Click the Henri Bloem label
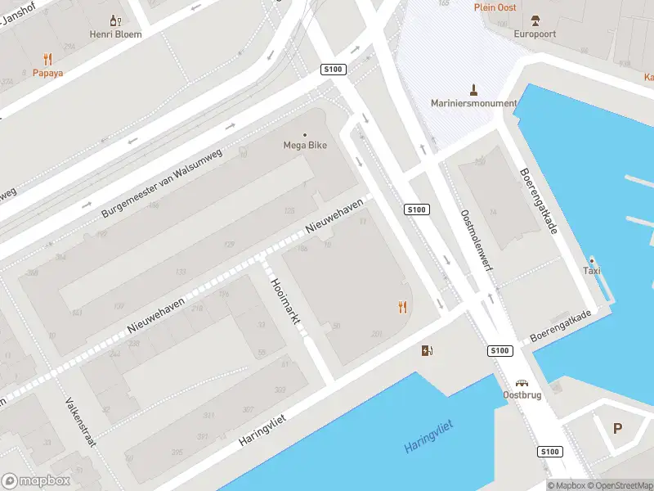[x=115, y=34]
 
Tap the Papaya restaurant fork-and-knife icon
[x=48, y=59]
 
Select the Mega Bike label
[x=305, y=146]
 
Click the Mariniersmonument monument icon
[x=473, y=88]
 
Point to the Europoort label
[x=535, y=34]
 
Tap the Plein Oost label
[x=495, y=7]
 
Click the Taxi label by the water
[x=592, y=271]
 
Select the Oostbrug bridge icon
[x=522, y=382]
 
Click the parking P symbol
[x=618, y=428]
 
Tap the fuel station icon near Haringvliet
[x=427, y=351]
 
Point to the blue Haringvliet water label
[x=428, y=436]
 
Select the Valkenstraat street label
[x=80, y=423]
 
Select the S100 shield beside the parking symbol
[x=549, y=452]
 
